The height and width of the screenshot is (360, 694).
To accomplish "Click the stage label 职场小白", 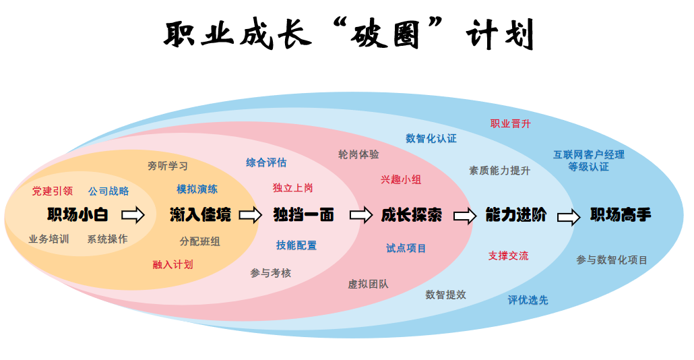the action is pyautogui.click(x=77, y=215).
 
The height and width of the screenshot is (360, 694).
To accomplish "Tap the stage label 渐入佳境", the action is pyautogui.click(x=200, y=215).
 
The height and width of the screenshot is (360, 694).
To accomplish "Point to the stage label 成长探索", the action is pyautogui.click(x=411, y=215).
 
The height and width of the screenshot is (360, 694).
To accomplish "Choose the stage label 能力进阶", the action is pyautogui.click(x=516, y=215).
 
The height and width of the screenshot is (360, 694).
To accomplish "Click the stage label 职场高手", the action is pyautogui.click(x=621, y=216).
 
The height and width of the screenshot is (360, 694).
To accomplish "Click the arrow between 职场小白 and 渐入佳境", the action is pyautogui.click(x=133, y=215).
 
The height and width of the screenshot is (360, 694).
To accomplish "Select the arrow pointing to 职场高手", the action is pyautogui.click(x=568, y=216).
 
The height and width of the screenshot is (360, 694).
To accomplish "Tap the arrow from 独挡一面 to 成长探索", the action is pyautogui.click(x=360, y=215).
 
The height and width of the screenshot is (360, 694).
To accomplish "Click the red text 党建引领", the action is pyautogui.click(x=53, y=191).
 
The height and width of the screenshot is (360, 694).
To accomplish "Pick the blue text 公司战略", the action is pyautogui.click(x=108, y=191).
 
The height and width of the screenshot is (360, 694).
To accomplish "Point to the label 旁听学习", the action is pyautogui.click(x=168, y=165).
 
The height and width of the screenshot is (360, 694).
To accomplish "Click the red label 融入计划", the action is pyautogui.click(x=172, y=264).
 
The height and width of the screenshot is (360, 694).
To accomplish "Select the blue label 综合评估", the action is pyautogui.click(x=266, y=162).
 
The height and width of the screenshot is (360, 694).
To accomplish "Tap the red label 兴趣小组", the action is pyautogui.click(x=401, y=179).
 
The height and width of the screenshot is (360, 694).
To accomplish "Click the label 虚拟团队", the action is pyautogui.click(x=368, y=284).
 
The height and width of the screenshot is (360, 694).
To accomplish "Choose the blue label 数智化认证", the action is pyautogui.click(x=431, y=138).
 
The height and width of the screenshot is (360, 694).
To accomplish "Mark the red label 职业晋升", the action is pyautogui.click(x=510, y=123).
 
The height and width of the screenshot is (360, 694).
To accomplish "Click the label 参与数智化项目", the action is pyautogui.click(x=612, y=260).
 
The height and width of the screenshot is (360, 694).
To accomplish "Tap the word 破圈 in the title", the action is pyautogui.click(x=383, y=34).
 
